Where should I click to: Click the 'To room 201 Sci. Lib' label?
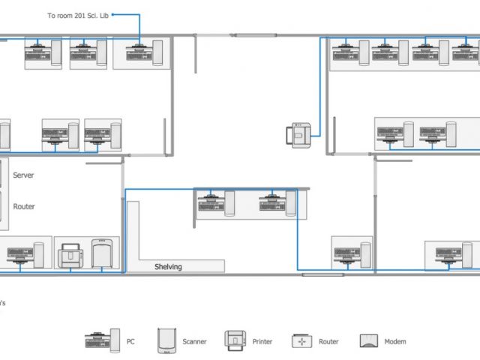[78, 16]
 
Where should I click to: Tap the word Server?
[23, 175]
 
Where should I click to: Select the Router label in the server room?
[24, 206]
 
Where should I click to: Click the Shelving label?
[168, 267]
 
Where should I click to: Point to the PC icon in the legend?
[102, 340]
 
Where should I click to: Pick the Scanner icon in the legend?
[166, 341]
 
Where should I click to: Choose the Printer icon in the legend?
[235, 340]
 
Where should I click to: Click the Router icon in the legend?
[301, 341]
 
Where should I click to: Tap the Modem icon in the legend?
[368, 341]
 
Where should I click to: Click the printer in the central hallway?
[298, 135]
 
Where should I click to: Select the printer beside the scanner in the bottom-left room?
[70, 256]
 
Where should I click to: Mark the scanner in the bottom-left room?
[102, 253]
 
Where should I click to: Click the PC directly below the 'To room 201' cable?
[144, 53]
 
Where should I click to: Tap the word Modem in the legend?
[395, 341]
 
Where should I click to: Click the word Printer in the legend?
[262, 341]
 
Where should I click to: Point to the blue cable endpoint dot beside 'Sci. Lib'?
[112, 14]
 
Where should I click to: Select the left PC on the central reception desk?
[216, 203]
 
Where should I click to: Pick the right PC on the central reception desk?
[277, 203]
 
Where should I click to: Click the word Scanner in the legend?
[194, 341]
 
